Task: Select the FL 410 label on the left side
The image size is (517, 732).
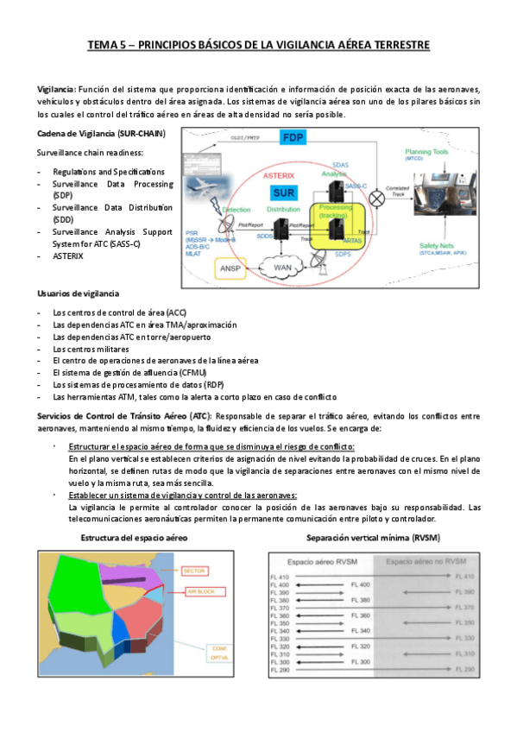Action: (x=281, y=576)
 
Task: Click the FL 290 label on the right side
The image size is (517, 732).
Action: (x=464, y=670)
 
